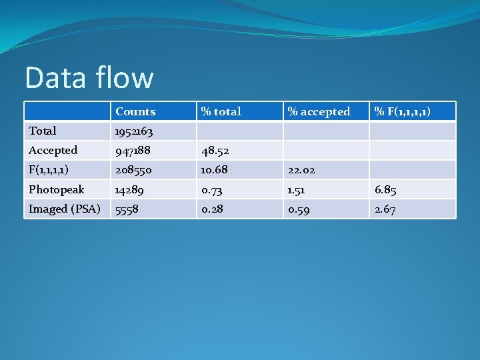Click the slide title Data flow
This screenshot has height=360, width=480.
click(x=89, y=78)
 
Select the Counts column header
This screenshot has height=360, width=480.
click(x=135, y=112)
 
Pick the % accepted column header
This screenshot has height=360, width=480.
click(x=319, y=112)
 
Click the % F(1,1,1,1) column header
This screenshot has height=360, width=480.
click(x=402, y=112)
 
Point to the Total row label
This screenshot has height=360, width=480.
click(x=43, y=131)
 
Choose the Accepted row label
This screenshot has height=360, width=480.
click(x=53, y=151)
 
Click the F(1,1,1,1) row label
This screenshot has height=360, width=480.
click(x=49, y=170)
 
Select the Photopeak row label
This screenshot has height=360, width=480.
click(x=56, y=190)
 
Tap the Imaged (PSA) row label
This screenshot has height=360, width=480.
click(x=64, y=209)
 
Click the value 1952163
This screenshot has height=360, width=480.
click(x=133, y=132)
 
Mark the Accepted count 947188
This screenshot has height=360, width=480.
click(x=133, y=151)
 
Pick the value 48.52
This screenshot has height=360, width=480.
click(x=216, y=151)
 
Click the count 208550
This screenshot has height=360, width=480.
click(x=133, y=171)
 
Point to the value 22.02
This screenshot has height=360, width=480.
click(x=302, y=171)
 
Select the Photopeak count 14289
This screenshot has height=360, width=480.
click(x=129, y=191)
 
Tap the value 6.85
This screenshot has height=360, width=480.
click(x=385, y=191)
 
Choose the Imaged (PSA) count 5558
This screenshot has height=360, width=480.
click(x=127, y=210)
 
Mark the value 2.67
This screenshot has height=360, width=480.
click(x=385, y=210)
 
